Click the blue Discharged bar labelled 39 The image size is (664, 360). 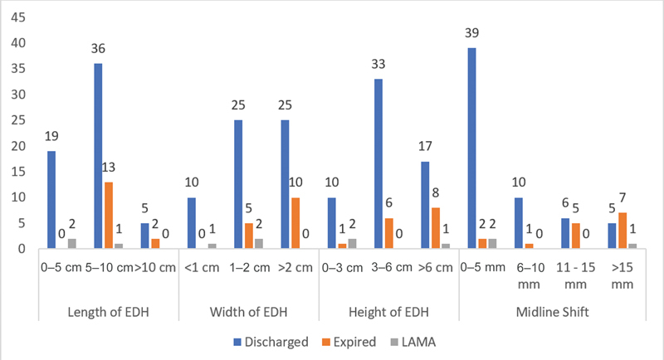[471, 148]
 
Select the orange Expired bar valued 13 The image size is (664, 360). [109, 216]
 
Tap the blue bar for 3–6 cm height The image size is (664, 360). [378, 163]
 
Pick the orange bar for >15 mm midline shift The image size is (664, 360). [622, 231]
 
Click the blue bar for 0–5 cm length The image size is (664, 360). [51, 200]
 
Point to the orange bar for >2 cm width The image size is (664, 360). [295, 223]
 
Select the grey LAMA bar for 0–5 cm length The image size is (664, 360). [72, 244]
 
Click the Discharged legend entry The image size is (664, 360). [271, 342]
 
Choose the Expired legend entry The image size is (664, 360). [349, 342]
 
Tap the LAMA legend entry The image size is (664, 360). [413, 342]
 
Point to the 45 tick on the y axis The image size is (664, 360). [18, 17]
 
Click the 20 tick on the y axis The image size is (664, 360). [18, 146]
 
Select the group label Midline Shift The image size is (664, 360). [552, 312]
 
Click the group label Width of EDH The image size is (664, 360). [248, 312]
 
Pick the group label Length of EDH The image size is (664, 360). [109, 312]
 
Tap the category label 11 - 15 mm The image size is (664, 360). [575, 275]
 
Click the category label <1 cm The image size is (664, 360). [202, 268]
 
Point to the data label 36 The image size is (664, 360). [98, 49]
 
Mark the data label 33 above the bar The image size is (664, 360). [378, 65]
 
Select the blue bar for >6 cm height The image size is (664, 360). [425, 205]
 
